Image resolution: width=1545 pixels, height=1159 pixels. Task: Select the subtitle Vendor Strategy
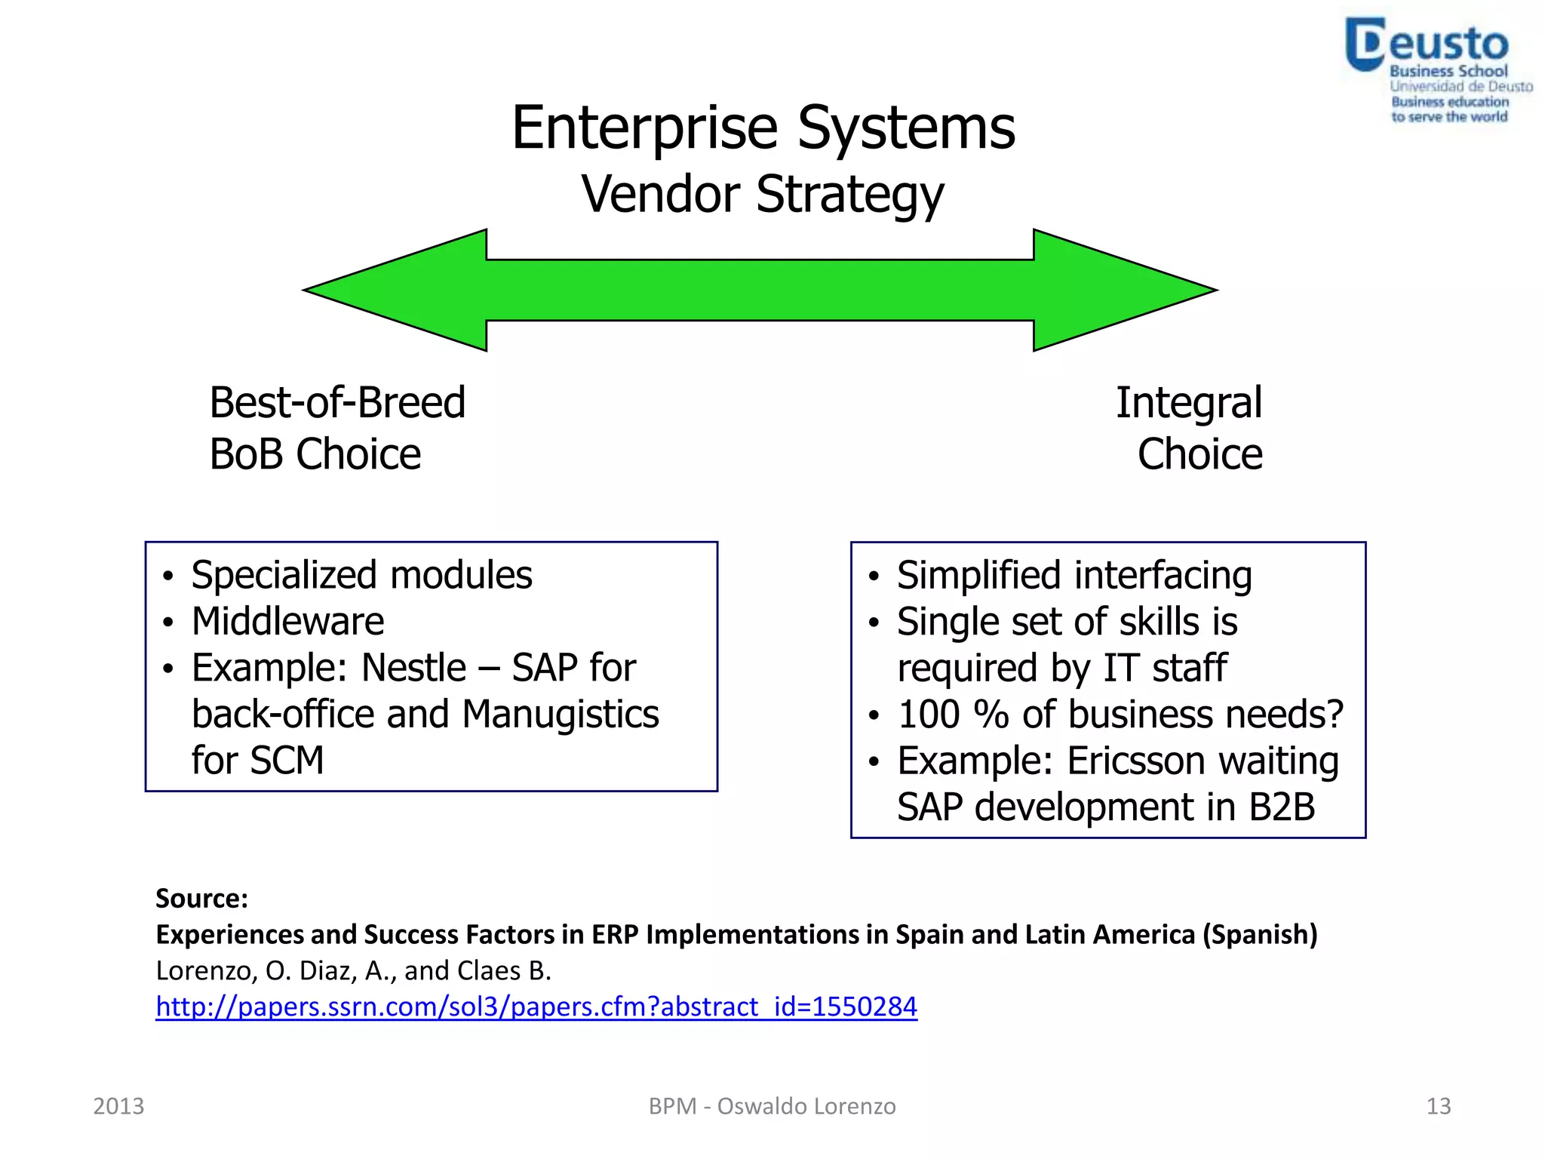(762, 195)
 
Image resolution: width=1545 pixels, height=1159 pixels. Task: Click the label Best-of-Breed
(336, 402)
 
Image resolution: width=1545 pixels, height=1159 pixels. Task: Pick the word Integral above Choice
(1188, 403)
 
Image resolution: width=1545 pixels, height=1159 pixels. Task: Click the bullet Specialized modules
(361, 575)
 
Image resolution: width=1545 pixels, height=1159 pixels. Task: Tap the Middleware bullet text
(287, 622)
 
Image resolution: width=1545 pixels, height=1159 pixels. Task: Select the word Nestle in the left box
(413, 668)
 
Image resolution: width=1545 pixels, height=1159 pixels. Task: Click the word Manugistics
(560, 714)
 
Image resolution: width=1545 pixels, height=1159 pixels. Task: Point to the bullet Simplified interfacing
(1074, 576)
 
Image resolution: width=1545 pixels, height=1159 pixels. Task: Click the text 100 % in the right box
(953, 715)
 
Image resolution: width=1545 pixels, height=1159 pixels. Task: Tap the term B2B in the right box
(1282, 807)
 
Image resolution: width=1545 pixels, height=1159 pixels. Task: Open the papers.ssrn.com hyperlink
(536, 1007)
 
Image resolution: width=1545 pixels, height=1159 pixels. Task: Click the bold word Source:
(201, 899)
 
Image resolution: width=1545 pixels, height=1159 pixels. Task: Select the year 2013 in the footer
(118, 1106)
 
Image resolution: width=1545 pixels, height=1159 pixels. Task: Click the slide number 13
(1438, 1106)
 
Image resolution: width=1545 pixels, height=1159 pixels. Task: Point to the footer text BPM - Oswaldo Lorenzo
(772, 1106)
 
